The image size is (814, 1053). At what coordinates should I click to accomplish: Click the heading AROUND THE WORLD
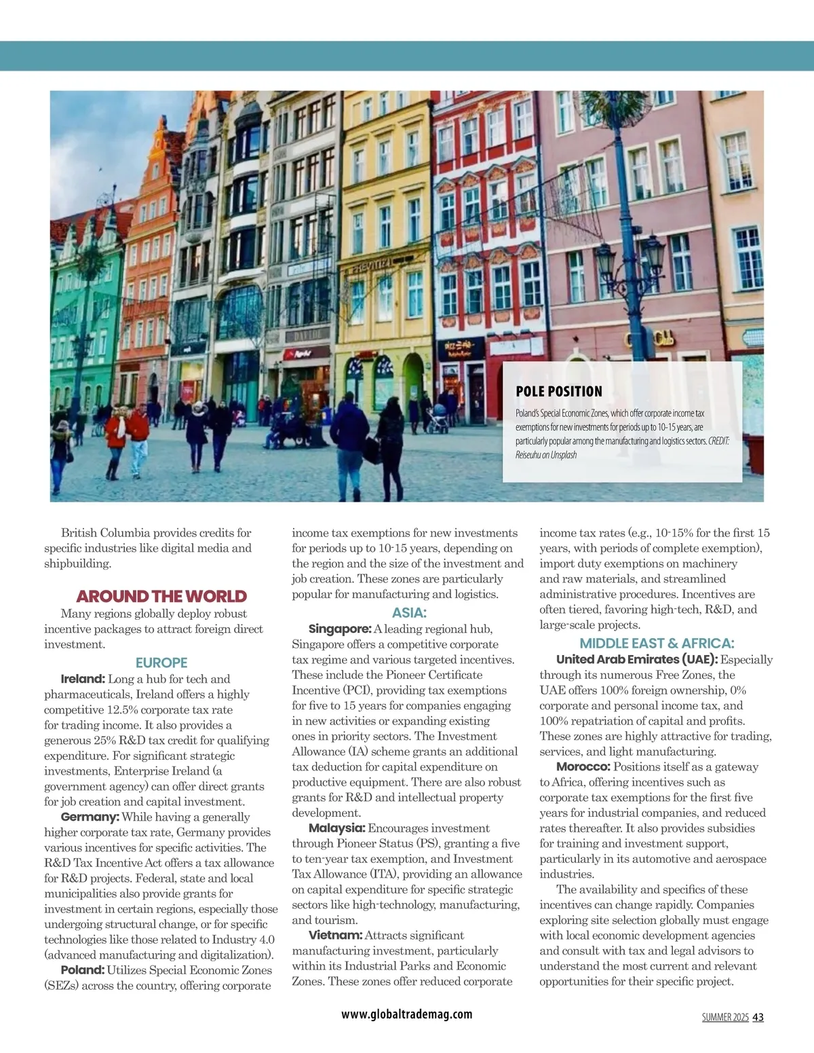point(161,597)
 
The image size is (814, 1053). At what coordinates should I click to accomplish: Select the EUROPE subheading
point(161,663)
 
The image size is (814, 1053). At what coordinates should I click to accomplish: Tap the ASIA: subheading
point(409,613)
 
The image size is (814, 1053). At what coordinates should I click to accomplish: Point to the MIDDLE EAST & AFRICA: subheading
point(657,644)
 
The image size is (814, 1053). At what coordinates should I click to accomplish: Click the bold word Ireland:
point(83,679)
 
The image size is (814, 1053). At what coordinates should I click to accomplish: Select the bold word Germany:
point(90,817)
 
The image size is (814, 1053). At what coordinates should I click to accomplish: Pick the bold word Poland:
point(83,970)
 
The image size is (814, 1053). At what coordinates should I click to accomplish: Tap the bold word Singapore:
point(340,629)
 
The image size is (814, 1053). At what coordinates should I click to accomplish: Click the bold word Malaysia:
point(337,828)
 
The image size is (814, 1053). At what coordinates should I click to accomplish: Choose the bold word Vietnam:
point(335,936)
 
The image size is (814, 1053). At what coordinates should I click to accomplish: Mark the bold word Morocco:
point(583,767)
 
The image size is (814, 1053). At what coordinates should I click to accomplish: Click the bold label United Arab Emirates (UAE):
point(637,659)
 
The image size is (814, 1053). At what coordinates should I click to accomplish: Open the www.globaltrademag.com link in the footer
point(407,1014)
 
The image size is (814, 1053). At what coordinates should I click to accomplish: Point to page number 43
point(758,1017)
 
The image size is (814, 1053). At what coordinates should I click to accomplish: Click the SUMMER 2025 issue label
point(725,1017)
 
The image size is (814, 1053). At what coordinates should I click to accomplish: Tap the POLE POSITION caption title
point(559,392)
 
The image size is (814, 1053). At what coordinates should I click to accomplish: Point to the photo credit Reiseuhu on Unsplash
point(546,455)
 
